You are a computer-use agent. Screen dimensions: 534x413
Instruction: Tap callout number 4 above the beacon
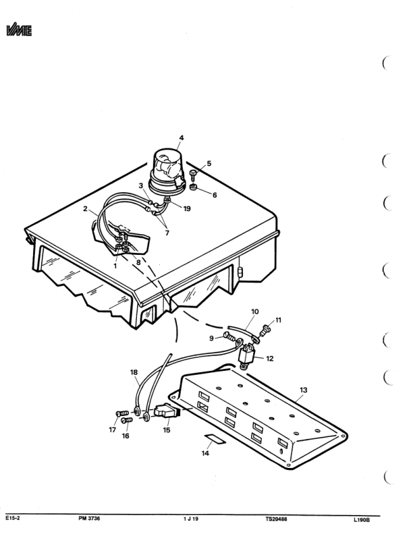point(181,138)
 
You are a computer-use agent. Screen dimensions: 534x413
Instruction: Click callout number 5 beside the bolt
point(209,163)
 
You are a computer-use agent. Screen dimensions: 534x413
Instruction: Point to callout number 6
point(215,195)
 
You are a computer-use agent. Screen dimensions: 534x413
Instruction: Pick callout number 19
point(187,208)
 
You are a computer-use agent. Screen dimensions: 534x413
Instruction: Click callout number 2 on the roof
point(86,210)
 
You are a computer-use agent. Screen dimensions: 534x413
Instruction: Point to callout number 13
point(303,390)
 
